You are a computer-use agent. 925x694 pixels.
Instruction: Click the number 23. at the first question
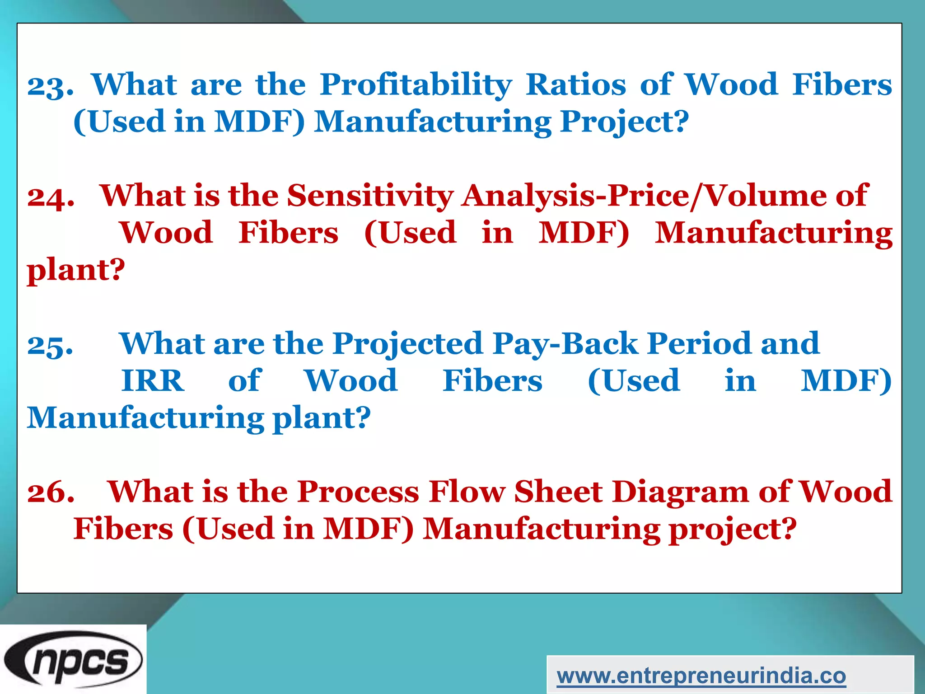point(50,85)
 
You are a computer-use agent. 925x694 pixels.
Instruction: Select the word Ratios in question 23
point(576,84)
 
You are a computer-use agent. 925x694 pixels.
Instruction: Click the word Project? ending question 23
point(624,122)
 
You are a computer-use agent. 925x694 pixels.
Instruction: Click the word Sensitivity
point(370,196)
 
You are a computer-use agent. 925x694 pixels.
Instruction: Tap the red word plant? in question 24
point(75,271)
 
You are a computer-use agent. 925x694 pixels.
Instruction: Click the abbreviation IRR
point(153,381)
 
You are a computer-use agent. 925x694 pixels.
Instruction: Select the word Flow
point(467,492)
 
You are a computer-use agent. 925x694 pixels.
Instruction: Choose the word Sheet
point(558,492)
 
